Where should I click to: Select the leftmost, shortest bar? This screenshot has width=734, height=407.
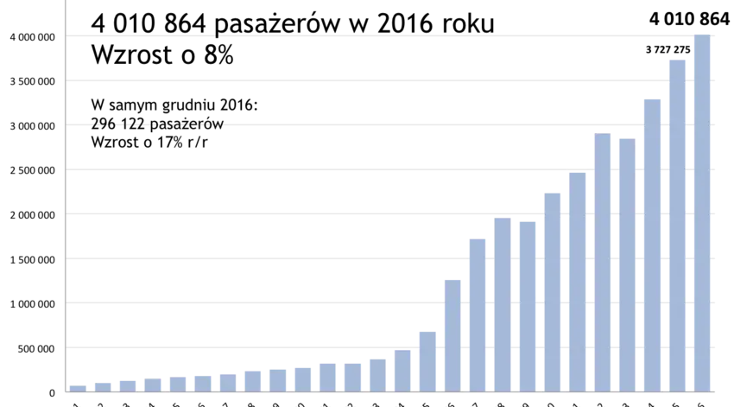pos(78,387)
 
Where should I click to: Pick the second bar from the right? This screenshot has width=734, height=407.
pos(676,224)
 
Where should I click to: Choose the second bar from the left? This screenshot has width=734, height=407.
pos(102,386)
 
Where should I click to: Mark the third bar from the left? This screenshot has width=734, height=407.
pos(127,386)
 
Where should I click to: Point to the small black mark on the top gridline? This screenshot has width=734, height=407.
pos(217,38)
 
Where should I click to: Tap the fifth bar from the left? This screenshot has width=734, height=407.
pos(177,384)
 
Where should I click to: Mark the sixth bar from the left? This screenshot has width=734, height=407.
pos(202,383)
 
